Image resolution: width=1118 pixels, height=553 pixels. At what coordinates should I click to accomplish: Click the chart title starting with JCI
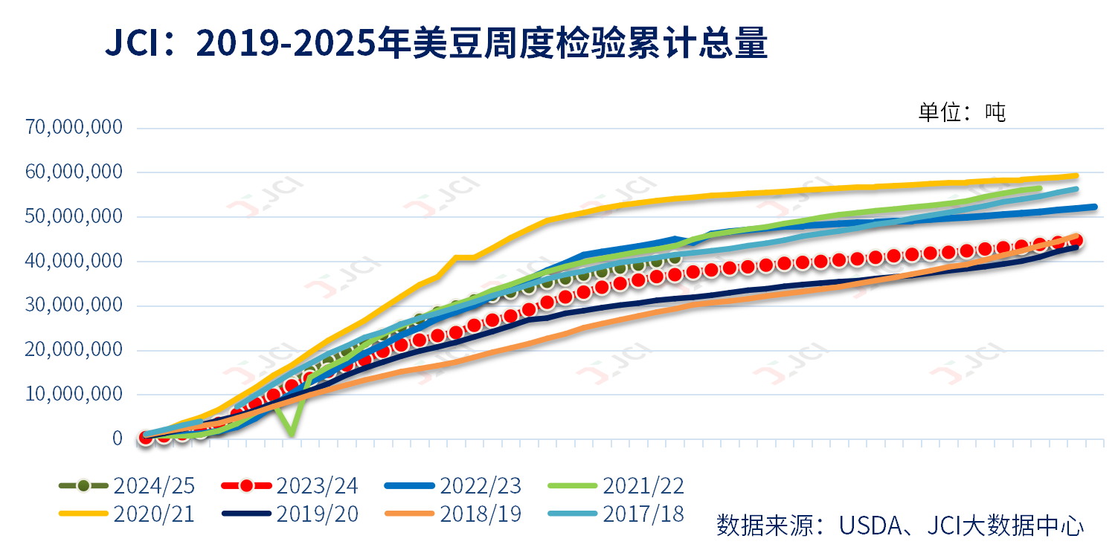(435, 45)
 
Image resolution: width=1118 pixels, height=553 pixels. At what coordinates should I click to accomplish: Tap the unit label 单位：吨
(961, 112)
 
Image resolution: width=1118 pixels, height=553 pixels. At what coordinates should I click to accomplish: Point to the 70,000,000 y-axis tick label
(74, 127)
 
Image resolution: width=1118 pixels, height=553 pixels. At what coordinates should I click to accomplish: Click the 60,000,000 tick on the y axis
(74, 172)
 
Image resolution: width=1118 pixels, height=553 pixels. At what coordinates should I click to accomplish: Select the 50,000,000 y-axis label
(74, 216)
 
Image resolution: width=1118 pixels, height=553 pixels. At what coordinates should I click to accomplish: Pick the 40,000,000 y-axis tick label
(74, 261)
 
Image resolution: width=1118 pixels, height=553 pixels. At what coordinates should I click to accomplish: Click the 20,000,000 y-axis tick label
(74, 349)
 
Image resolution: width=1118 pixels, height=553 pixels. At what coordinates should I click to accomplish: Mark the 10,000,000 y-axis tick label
(74, 394)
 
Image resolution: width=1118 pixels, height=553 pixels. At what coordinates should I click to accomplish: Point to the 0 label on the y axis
(117, 439)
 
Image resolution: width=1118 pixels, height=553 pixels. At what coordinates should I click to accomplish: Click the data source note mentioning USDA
(900, 525)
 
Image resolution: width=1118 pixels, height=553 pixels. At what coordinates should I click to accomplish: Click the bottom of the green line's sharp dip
(292, 434)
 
